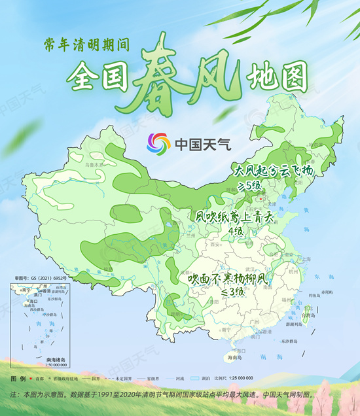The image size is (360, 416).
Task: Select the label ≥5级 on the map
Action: (249, 186)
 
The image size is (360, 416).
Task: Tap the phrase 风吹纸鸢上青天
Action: (234, 216)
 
